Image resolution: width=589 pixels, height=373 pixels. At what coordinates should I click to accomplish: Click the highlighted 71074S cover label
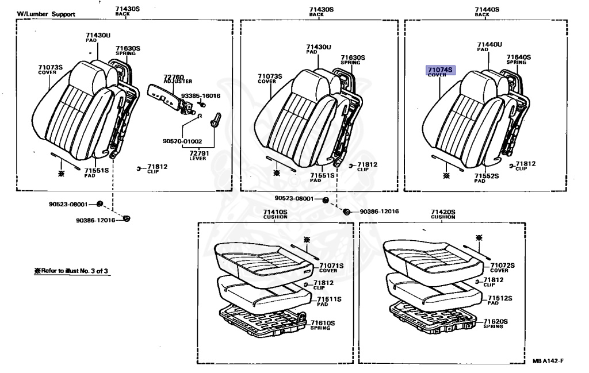pyautogui.click(x=439, y=71)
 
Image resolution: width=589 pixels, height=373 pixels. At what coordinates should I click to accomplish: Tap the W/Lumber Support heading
pyautogui.click(x=45, y=14)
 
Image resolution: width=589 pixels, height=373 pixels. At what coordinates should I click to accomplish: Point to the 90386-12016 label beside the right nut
pyautogui.click(x=379, y=212)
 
